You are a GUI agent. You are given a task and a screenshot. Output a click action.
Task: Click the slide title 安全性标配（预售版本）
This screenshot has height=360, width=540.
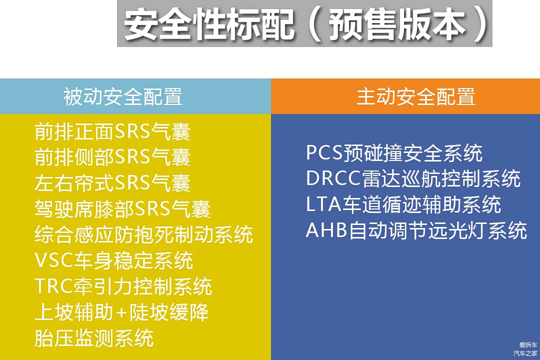click(305, 24)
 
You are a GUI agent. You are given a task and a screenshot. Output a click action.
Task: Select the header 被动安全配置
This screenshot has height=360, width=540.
click(123, 96)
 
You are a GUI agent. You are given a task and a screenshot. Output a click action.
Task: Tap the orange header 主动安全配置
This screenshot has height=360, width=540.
click(416, 96)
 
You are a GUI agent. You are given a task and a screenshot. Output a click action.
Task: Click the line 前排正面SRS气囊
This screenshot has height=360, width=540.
click(112, 131)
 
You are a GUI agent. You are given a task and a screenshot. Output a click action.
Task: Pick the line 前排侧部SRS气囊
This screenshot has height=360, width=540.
click(112, 157)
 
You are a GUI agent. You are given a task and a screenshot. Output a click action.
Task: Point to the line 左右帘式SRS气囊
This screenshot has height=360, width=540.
click(112, 183)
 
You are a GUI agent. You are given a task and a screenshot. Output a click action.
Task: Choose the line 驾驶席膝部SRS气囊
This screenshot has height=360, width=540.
click(122, 209)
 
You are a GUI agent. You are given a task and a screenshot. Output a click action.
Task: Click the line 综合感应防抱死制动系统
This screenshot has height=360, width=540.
click(143, 234)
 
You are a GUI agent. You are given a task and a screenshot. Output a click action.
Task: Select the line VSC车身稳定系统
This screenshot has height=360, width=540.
click(113, 260)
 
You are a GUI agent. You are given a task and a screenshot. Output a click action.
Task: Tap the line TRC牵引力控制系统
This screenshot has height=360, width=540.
click(123, 286)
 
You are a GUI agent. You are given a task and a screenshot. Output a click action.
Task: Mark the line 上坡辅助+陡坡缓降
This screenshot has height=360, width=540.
click(121, 312)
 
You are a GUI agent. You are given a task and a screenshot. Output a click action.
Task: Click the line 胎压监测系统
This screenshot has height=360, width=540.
click(93, 338)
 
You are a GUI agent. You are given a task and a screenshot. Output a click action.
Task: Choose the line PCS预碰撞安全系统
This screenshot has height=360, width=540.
click(394, 153)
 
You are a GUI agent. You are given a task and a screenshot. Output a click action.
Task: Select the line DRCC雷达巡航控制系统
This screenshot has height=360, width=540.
click(413, 179)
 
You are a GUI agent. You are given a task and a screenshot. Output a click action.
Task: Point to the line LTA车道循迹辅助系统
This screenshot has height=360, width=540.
click(403, 204)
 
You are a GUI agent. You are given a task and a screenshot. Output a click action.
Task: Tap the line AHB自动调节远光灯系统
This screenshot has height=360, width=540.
click(416, 230)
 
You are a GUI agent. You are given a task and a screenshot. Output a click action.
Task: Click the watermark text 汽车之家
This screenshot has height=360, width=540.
click(525, 353)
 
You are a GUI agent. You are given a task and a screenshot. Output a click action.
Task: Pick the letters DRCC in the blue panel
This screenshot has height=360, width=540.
click(333, 178)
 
